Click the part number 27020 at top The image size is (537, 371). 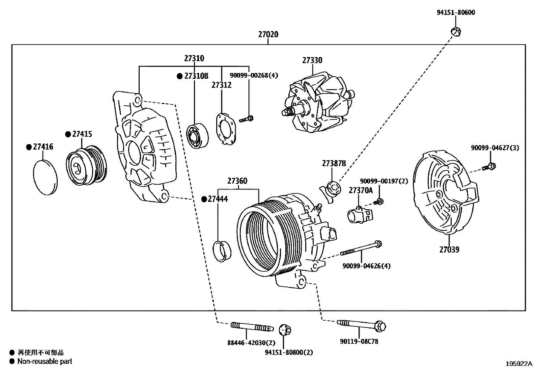coord(268,34)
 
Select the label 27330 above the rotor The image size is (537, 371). coord(312,60)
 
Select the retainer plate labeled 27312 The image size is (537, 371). coord(225,129)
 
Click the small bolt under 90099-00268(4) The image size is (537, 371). coord(247,119)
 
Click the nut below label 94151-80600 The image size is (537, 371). coord(456,32)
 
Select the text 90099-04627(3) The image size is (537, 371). coord(495,148)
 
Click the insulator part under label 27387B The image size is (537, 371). coord(331,190)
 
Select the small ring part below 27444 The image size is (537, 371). coord(222,251)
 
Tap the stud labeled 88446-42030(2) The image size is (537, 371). coord(251,327)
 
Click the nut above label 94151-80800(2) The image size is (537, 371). coord(285,330)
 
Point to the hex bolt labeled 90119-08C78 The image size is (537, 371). coord(361,325)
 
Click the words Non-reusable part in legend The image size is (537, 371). coord(45,361)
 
